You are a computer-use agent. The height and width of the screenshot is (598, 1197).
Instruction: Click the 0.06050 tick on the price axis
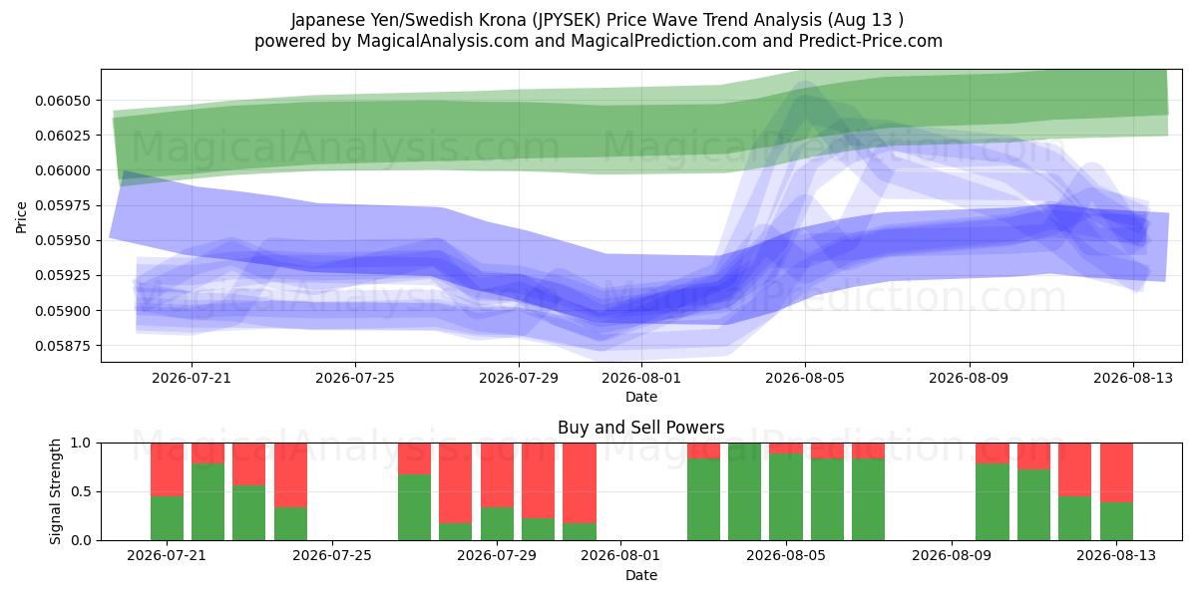click(x=63, y=101)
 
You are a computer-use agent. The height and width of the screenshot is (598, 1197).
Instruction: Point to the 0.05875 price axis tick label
click(x=63, y=346)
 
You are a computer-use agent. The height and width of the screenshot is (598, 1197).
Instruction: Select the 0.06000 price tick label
click(x=63, y=170)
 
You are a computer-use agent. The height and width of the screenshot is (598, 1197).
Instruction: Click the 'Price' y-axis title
click(x=21, y=217)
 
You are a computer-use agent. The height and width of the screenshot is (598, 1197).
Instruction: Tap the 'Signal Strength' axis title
click(x=55, y=491)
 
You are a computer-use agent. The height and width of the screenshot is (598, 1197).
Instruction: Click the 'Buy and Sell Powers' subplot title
click(x=640, y=428)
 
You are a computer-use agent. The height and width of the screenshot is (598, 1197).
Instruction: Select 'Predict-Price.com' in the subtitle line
click(x=871, y=41)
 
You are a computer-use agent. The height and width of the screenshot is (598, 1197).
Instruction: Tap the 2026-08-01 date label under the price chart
click(x=640, y=378)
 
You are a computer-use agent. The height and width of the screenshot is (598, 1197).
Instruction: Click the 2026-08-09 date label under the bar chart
click(x=952, y=555)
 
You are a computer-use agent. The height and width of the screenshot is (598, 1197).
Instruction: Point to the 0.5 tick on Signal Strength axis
click(x=81, y=491)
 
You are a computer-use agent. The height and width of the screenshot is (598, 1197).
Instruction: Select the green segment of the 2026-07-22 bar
click(x=207, y=502)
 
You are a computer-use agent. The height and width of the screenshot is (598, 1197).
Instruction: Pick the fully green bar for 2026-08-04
click(x=744, y=491)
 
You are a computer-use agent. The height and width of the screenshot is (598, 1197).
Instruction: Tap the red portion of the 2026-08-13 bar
click(x=1116, y=472)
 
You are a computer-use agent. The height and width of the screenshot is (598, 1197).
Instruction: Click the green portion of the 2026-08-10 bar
click(x=993, y=502)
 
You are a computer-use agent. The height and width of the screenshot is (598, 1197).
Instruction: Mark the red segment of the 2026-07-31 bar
click(x=580, y=482)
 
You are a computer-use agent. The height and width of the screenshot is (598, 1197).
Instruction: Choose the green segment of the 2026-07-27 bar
click(x=414, y=507)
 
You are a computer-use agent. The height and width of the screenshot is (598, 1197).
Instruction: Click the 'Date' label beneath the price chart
click(x=640, y=397)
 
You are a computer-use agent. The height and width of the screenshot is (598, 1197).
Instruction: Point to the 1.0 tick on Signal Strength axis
click(x=81, y=444)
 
